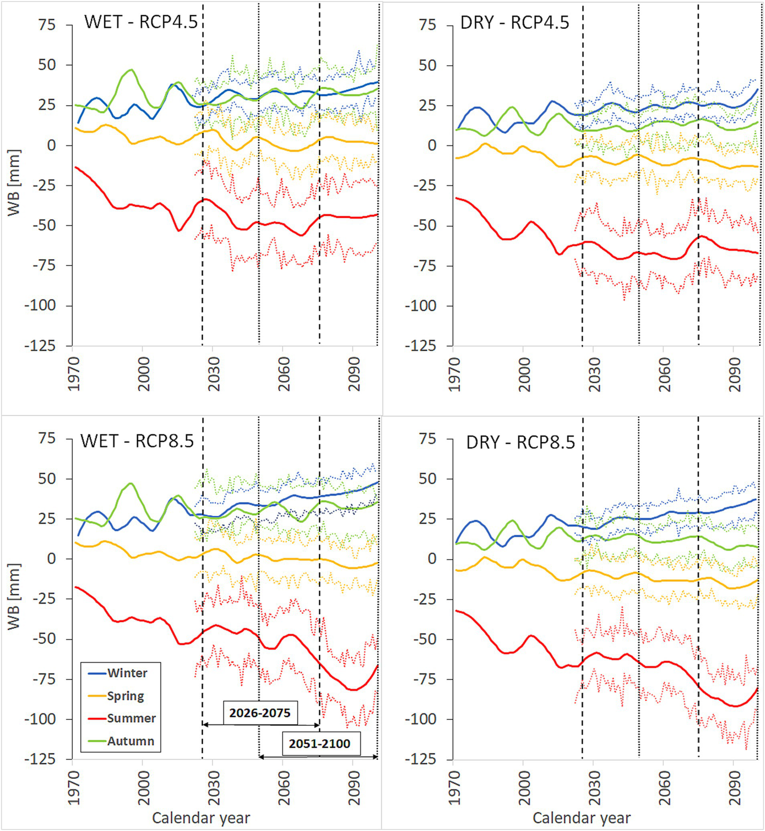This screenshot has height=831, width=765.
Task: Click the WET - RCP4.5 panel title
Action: pyautogui.click(x=141, y=22)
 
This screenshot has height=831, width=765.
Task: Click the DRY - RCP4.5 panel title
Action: pyautogui.click(x=514, y=23)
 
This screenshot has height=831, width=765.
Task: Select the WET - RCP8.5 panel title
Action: pyautogui.click(x=137, y=441)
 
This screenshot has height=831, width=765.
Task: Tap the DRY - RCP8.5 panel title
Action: pyautogui.click(x=520, y=442)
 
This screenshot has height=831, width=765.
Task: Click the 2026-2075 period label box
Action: pyautogui.click(x=260, y=713)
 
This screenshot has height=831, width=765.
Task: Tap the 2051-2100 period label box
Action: pyautogui.click(x=319, y=744)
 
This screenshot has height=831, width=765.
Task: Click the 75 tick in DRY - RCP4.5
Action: pyautogui.click(x=428, y=24)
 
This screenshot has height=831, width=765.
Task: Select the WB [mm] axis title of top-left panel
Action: pyautogui.click(x=14, y=182)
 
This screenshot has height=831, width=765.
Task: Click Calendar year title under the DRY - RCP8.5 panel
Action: pyautogui.click(x=581, y=818)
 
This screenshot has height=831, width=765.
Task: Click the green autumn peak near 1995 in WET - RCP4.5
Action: pyautogui.click(x=131, y=70)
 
